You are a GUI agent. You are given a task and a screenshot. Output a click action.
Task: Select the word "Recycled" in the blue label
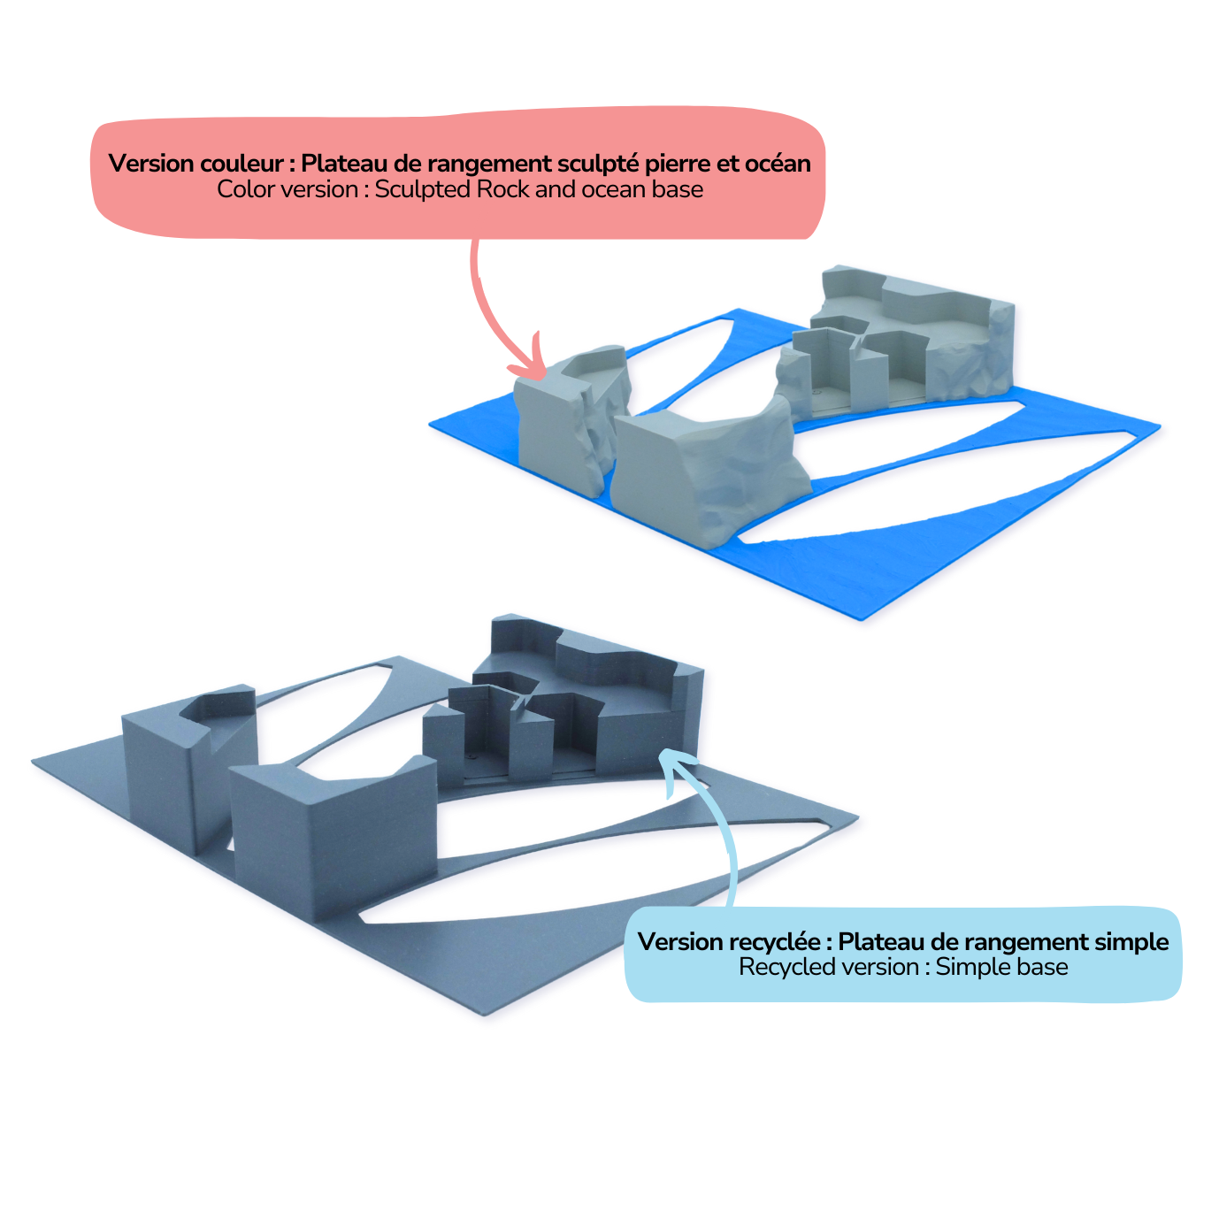pos(779,968)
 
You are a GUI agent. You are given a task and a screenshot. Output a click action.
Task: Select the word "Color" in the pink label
pos(244,189)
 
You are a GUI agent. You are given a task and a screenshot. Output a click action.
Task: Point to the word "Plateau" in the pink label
pos(341,163)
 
